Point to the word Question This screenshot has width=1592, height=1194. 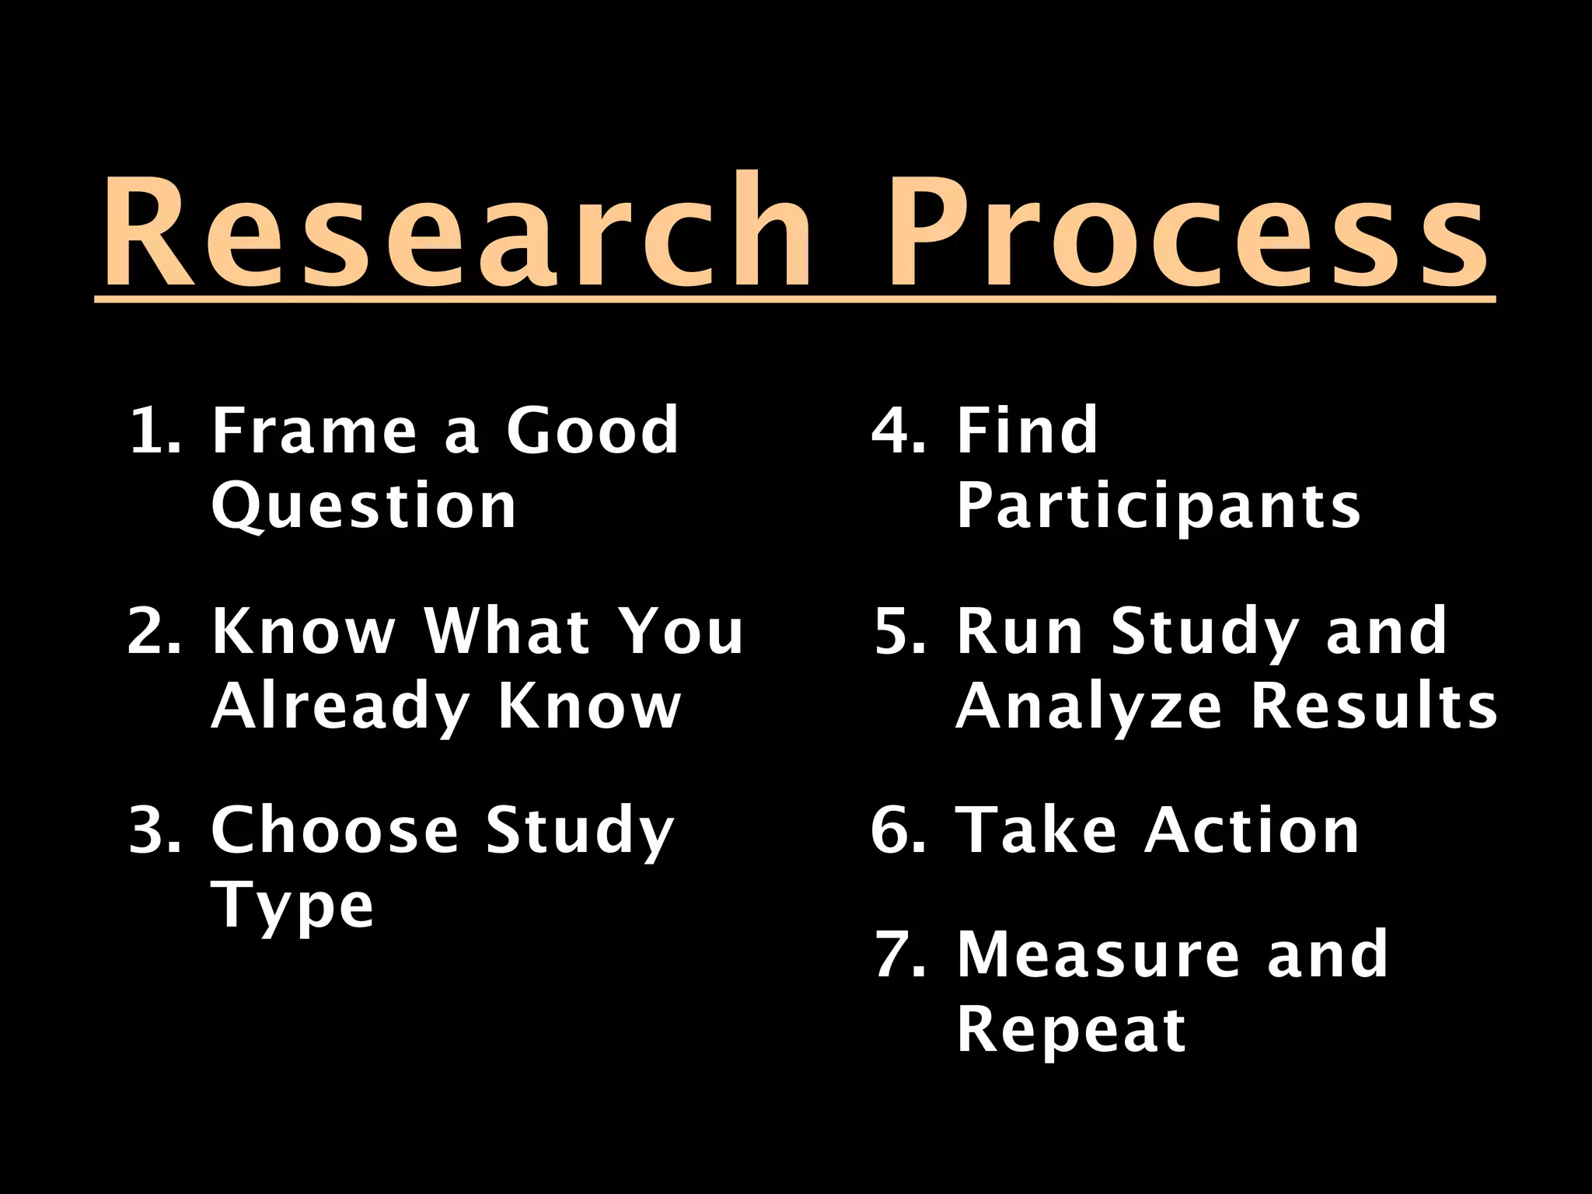364,506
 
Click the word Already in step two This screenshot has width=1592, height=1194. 340,707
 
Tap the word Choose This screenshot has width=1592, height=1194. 334,829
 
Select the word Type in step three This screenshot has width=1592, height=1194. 292,906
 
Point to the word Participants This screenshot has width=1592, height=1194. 1158,506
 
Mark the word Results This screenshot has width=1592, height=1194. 1374,707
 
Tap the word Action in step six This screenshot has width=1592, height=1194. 1252,829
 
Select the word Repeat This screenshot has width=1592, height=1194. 1071,1029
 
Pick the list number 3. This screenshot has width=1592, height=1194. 153,829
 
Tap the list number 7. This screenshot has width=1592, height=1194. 899,954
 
